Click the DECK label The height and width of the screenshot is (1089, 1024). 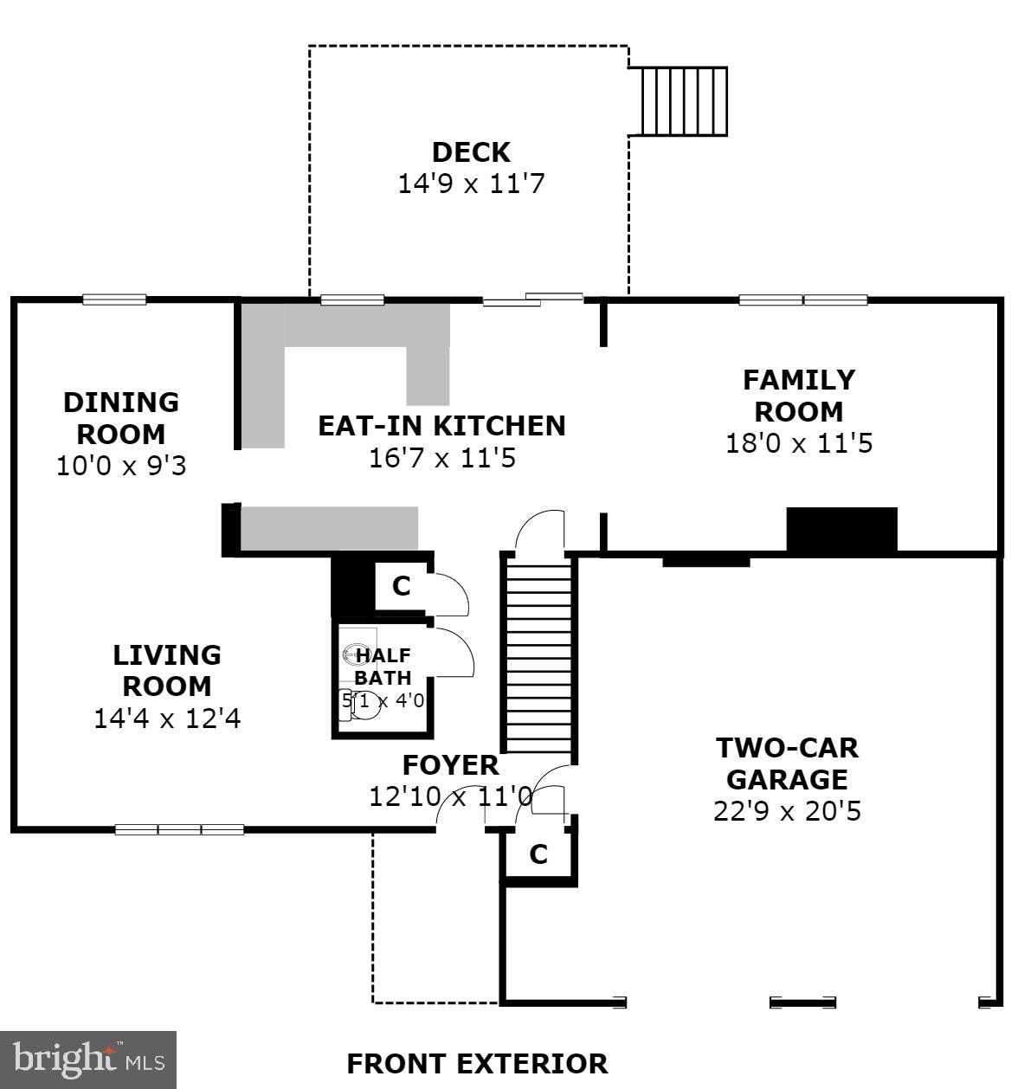(x=471, y=152)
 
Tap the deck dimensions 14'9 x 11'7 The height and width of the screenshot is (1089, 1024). (x=471, y=184)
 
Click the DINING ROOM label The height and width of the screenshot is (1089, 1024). (x=121, y=417)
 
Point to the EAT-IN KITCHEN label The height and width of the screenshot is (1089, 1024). (x=441, y=426)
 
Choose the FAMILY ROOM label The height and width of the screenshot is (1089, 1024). (x=799, y=395)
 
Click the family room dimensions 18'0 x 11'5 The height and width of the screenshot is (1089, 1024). (x=799, y=443)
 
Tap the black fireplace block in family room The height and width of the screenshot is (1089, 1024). (x=841, y=529)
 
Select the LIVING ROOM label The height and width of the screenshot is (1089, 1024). (x=167, y=670)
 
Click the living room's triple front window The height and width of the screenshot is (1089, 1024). (x=179, y=829)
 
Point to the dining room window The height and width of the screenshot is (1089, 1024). (x=114, y=300)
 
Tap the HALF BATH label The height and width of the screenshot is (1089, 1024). (x=383, y=667)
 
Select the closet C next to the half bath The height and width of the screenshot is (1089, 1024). (x=401, y=586)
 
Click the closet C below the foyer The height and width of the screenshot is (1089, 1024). (x=538, y=854)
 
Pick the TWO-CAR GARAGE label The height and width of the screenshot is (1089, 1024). (x=787, y=763)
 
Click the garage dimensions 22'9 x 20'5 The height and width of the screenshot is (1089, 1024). (x=787, y=811)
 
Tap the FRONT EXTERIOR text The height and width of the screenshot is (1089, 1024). (x=477, y=1063)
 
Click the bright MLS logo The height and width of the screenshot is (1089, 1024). (x=88, y=1060)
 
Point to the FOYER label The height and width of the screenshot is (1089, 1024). (x=450, y=765)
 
